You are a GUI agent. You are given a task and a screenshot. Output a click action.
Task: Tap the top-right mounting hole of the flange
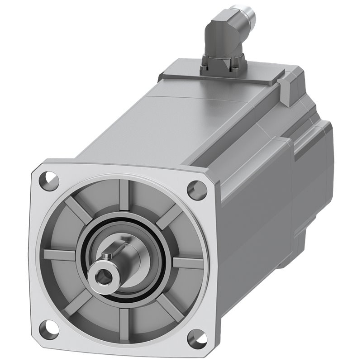click(197, 190)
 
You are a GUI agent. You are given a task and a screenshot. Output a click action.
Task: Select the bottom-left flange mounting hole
click(48, 329)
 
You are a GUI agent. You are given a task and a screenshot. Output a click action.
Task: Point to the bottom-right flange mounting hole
click(197, 338)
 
